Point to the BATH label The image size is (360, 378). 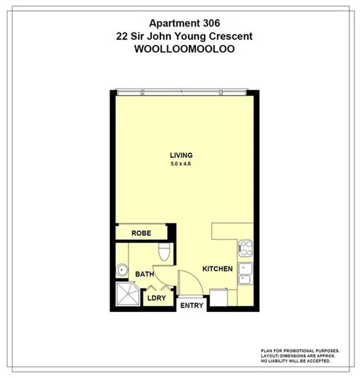[x=144, y=274]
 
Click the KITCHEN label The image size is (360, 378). [x=217, y=269]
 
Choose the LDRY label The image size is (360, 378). [x=157, y=297]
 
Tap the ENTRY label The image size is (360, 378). [x=192, y=305]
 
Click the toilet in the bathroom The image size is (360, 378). [x=165, y=251]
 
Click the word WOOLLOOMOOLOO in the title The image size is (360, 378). [x=180, y=49]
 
